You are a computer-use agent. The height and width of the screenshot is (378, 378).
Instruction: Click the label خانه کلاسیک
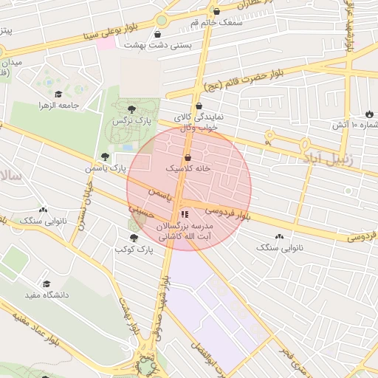(x=188, y=168)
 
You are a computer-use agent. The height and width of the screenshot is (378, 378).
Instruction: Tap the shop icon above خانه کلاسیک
(x=188, y=157)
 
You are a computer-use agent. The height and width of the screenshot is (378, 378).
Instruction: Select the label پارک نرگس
(x=126, y=120)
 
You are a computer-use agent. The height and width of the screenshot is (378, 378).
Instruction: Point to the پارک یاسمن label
(x=105, y=168)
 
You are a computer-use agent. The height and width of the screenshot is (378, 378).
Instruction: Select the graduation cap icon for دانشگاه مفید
(x=46, y=283)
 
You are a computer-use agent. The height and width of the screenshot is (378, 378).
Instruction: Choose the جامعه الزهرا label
(x=59, y=106)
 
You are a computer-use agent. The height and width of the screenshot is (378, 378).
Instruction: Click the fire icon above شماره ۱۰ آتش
(x=368, y=114)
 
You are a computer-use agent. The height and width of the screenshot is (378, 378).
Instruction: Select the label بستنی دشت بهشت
(x=158, y=45)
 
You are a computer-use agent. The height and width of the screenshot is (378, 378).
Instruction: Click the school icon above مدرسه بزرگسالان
(x=185, y=214)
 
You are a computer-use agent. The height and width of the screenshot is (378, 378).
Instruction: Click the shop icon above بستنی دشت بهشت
(x=158, y=34)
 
